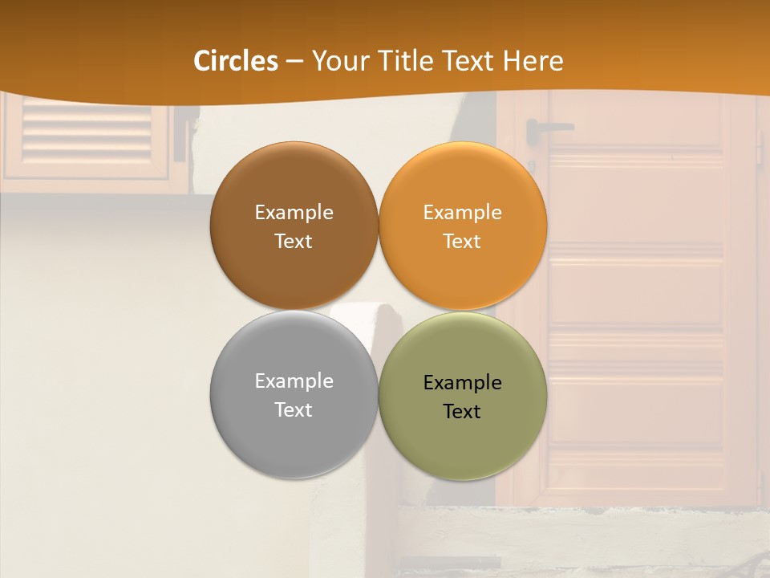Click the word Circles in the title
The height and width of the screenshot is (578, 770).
click(x=236, y=61)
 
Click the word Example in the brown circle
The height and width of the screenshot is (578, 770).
click(x=294, y=213)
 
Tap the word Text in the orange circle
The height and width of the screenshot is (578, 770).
click(x=462, y=242)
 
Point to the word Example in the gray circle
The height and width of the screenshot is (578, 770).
click(x=294, y=381)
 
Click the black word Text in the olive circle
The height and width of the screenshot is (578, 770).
click(x=462, y=412)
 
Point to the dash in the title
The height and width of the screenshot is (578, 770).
click(x=294, y=61)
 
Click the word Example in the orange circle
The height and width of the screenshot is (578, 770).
click(x=462, y=213)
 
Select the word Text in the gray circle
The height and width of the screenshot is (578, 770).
click(x=294, y=410)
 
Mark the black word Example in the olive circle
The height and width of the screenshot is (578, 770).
click(x=462, y=383)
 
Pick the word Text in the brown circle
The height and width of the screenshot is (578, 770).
click(x=294, y=242)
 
